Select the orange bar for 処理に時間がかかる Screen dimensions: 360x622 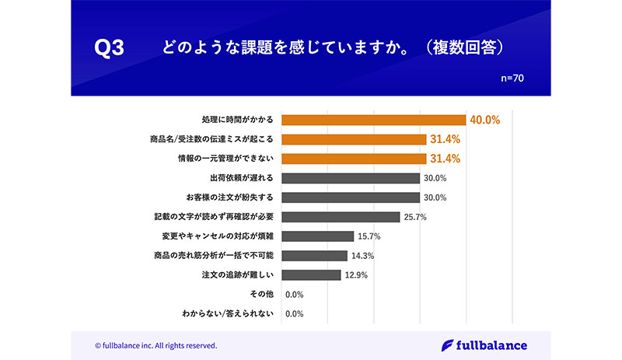(x=373, y=120)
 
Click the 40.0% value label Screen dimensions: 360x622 (x=484, y=120)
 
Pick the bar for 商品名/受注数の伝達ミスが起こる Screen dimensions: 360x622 (x=353, y=139)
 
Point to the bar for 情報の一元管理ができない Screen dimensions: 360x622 (x=353, y=159)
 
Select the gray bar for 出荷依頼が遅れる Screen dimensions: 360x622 (x=350, y=178)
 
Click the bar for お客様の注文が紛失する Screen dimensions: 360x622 (x=350, y=197)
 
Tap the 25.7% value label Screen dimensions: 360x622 (x=415, y=217)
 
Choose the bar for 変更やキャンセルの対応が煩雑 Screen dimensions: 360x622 (x=317, y=236)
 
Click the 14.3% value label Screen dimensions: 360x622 (x=362, y=256)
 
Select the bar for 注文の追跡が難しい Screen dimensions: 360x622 (x=311, y=275)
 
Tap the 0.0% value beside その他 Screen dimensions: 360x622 (x=294, y=295)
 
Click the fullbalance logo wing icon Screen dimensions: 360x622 (x=448, y=344)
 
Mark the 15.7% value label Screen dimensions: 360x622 (x=369, y=236)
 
